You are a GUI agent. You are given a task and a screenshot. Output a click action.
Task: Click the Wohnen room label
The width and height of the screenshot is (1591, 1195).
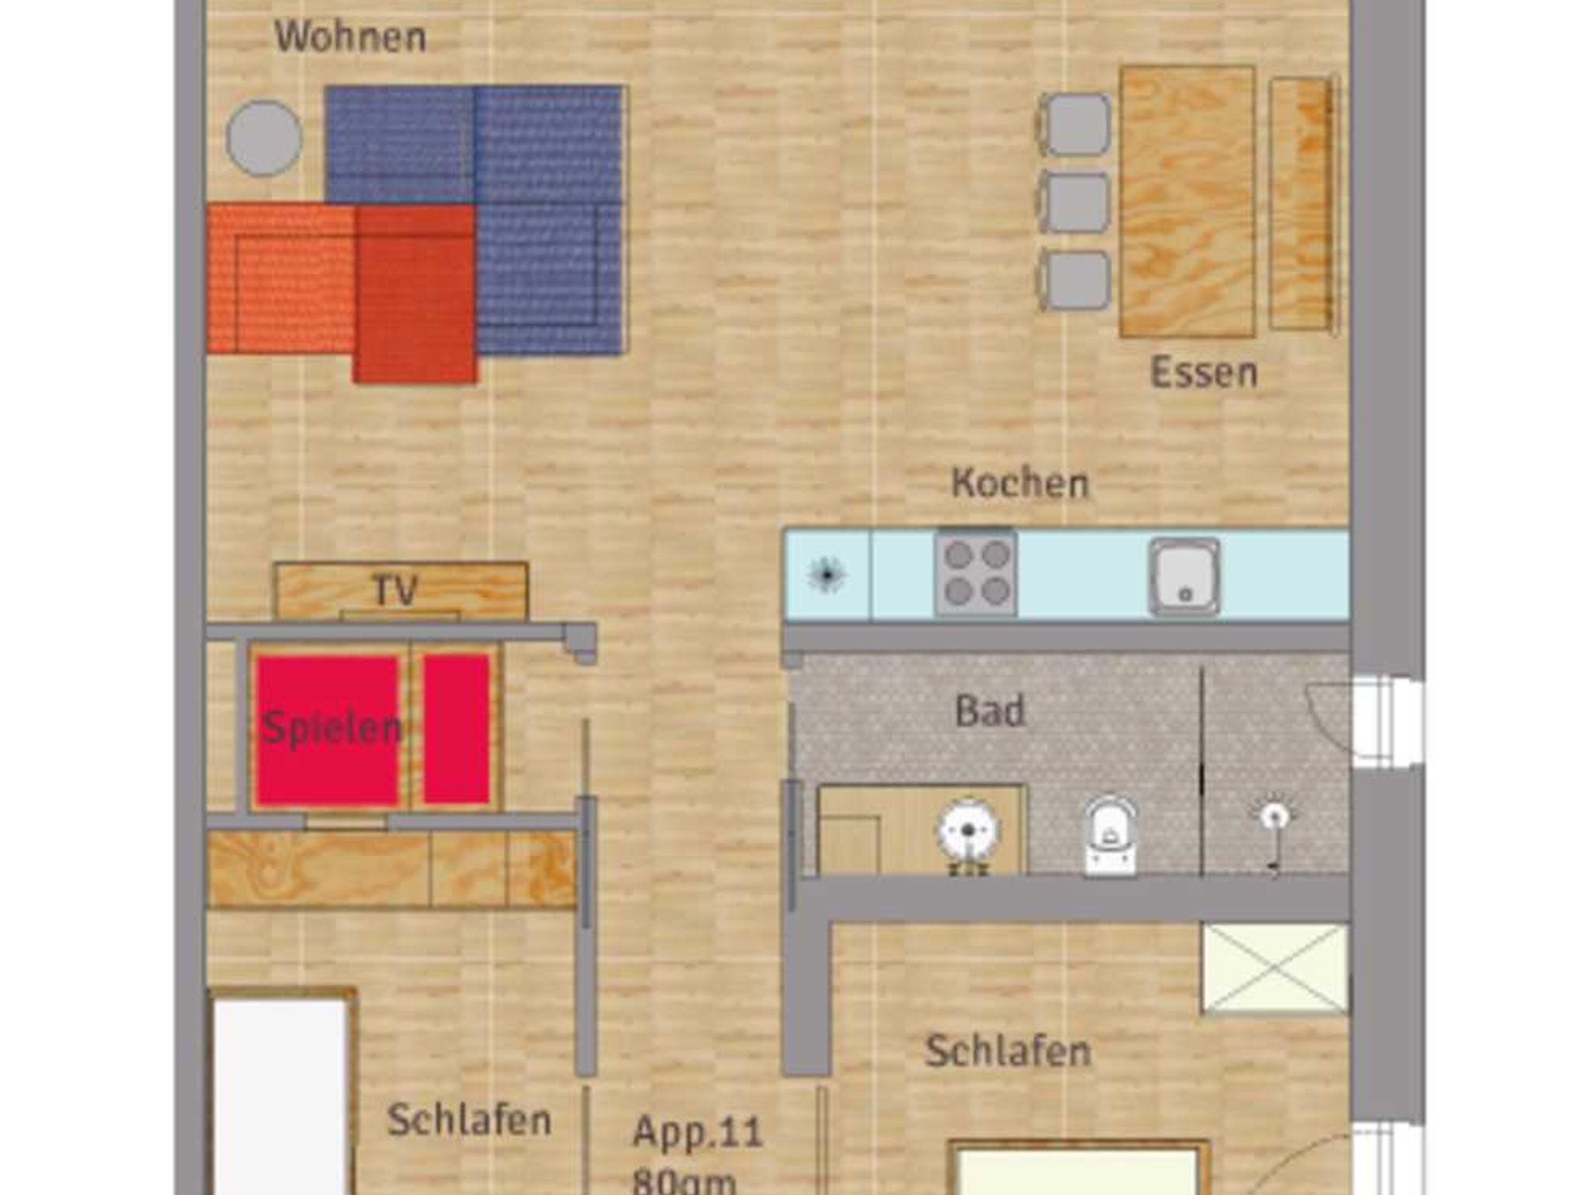pyautogui.click(x=350, y=37)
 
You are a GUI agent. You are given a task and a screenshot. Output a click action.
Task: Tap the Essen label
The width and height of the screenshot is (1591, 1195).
pyautogui.click(x=1203, y=372)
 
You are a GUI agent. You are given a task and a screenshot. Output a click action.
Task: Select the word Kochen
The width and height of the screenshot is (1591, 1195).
pyautogui.click(x=1020, y=483)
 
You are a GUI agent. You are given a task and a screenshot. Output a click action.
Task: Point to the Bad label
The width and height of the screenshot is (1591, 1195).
pyautogui.click(x=990, y=710)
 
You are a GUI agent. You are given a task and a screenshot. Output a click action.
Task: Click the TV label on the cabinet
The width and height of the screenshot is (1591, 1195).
pyautogui.click(x=396, y=591)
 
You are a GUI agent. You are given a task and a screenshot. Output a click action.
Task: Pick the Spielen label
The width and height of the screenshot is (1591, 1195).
pyautogui.click(x=331, y=729)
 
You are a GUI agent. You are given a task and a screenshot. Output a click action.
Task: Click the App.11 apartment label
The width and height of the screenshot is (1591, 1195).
pyautogui.click(x=698, y=1132)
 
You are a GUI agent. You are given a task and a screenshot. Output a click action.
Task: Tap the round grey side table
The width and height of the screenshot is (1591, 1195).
pyautogui.click(x=264, y=138)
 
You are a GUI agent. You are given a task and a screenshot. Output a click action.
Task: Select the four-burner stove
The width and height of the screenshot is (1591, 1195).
pyautogui.click(x=976, y=573)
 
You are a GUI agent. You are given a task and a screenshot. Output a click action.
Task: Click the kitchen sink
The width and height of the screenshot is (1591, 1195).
pyautogui.click(x=1185, y=577)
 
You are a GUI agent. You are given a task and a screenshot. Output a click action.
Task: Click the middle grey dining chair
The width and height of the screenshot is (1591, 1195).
pyautogui.click(x=1073, y=203)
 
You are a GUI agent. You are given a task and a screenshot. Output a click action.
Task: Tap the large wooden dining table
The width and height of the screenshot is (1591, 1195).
pyautogui.click(x=1187, y=202)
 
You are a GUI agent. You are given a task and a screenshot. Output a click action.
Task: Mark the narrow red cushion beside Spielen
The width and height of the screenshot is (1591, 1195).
pyautogui.click(x=456, y=729)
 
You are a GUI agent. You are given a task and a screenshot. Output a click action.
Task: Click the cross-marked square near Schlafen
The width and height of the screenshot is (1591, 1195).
pyautogui.click(x=1275, y=969)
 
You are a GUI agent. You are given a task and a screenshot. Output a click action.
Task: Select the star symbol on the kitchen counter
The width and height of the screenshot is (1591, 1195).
pyautogui.click(x=827, y=575)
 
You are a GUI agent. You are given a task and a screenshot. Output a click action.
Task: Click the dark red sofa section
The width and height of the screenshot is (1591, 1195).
pyautogui.click(x=415, y=294)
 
